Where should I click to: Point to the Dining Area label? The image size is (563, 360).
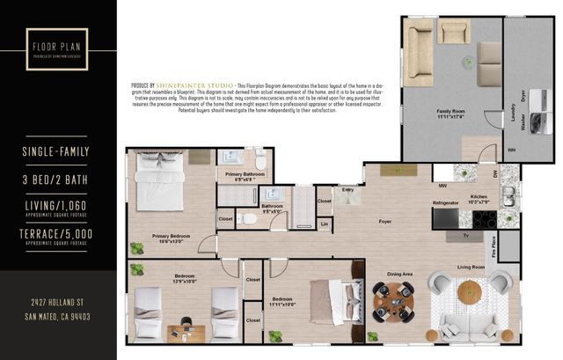click(x=400, y=274)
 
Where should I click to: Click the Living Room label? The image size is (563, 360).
click(x=471, y=267)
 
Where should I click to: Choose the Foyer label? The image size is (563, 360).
click(x=384, y=222)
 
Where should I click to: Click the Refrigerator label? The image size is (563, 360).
click(x=445, y=203)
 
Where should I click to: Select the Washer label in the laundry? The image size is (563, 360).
click(x=523, y=125)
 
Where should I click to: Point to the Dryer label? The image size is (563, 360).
click(x=523, y=96)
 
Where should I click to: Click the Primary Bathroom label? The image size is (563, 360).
click(x=245, y=175)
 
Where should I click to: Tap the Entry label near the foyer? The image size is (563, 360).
click(x=347, y=189)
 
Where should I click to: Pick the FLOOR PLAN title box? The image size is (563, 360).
click(x=58, y=46)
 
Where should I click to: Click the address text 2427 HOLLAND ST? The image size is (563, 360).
click(x=58, y=303)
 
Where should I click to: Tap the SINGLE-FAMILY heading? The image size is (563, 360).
click(x=58, y=152)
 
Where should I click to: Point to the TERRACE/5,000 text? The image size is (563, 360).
click(x=58, y=233)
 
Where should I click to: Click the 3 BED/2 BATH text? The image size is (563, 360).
click(x=58, y=180)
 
